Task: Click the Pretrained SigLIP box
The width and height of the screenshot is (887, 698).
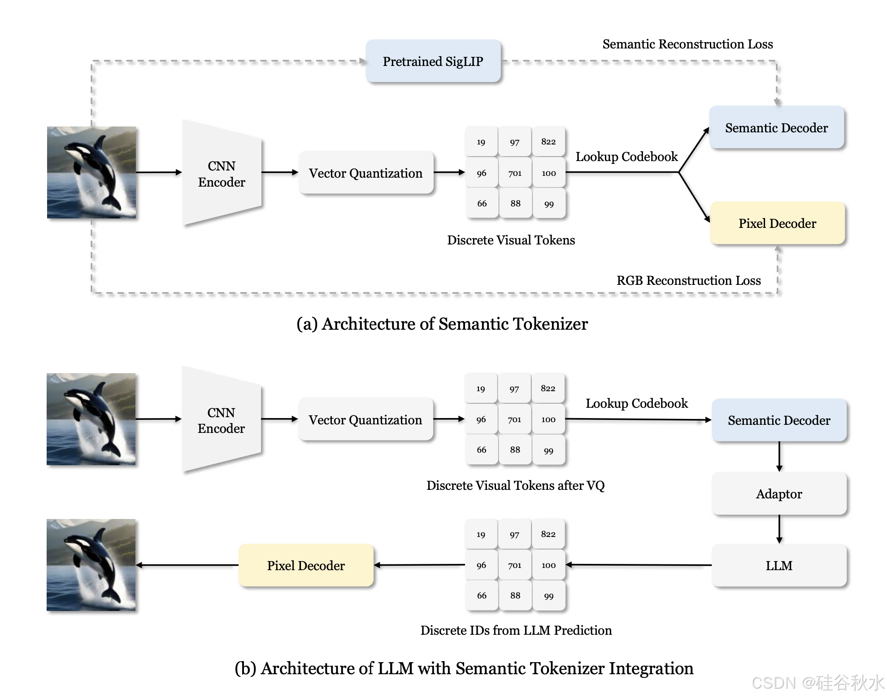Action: coord(433,61)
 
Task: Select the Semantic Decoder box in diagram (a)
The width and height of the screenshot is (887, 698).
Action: coord(776,128)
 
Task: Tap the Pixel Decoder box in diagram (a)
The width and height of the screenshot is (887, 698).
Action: coord(777,223)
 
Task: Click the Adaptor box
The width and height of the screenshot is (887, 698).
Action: coord(779,494)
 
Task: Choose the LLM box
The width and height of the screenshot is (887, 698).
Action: coord(779,566)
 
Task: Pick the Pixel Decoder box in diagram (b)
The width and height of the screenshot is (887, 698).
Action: coord(306,566)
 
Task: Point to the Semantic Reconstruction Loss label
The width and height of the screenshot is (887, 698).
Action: coord(687,44)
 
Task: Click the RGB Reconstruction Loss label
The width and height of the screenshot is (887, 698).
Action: coord(688,280)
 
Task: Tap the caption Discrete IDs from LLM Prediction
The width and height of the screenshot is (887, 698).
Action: coord(516,630)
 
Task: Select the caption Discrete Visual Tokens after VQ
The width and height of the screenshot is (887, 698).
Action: coord(515,485)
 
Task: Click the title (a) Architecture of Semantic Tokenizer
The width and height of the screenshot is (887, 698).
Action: coord(442,324)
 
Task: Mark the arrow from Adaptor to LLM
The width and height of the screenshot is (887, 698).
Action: coord(779,529)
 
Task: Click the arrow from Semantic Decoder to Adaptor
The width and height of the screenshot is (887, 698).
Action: coord(779,457)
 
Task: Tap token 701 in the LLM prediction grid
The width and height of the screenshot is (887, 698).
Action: coord(515,565)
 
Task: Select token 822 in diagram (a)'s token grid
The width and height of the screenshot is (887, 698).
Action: coord(548,142)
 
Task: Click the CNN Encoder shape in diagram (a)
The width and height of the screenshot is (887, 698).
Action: coord(222,173)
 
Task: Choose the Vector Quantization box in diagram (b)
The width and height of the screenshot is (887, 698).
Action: coord(365,420)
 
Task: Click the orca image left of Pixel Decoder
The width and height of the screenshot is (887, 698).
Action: coord(91,565)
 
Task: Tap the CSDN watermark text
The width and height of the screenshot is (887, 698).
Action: coord(817,683)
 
